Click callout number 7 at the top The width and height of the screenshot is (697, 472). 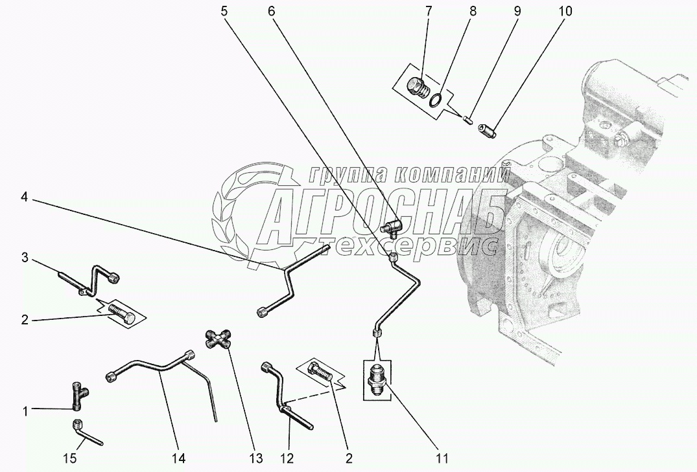tap(428, 12)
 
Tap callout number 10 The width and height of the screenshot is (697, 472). tap(565, 12)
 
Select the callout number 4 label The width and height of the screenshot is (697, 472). tap(24, 197)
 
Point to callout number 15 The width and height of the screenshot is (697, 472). tap(71, 458)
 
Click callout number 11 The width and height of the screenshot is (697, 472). tap(443, 458)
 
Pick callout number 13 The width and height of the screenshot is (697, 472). tap(257, 458)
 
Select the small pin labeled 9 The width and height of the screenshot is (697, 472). tap(467, 120)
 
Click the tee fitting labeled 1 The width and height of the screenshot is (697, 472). tap(78, 396)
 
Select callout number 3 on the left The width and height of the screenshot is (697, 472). tap(25, 257)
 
